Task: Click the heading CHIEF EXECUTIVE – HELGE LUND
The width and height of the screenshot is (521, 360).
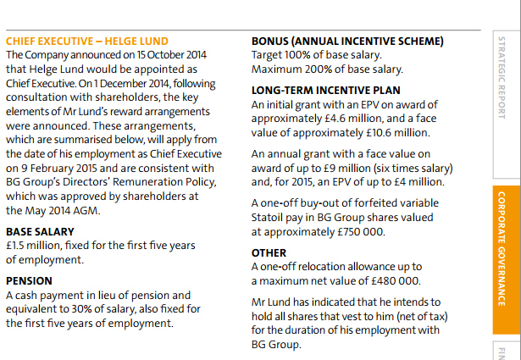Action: (87, 41)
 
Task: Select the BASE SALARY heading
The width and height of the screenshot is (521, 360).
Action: (40, 231)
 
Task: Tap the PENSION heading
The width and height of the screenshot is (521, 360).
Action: (29, 280)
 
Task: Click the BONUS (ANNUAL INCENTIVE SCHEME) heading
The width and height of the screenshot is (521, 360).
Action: (347, 41)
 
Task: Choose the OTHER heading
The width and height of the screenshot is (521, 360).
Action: (269, 252)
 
